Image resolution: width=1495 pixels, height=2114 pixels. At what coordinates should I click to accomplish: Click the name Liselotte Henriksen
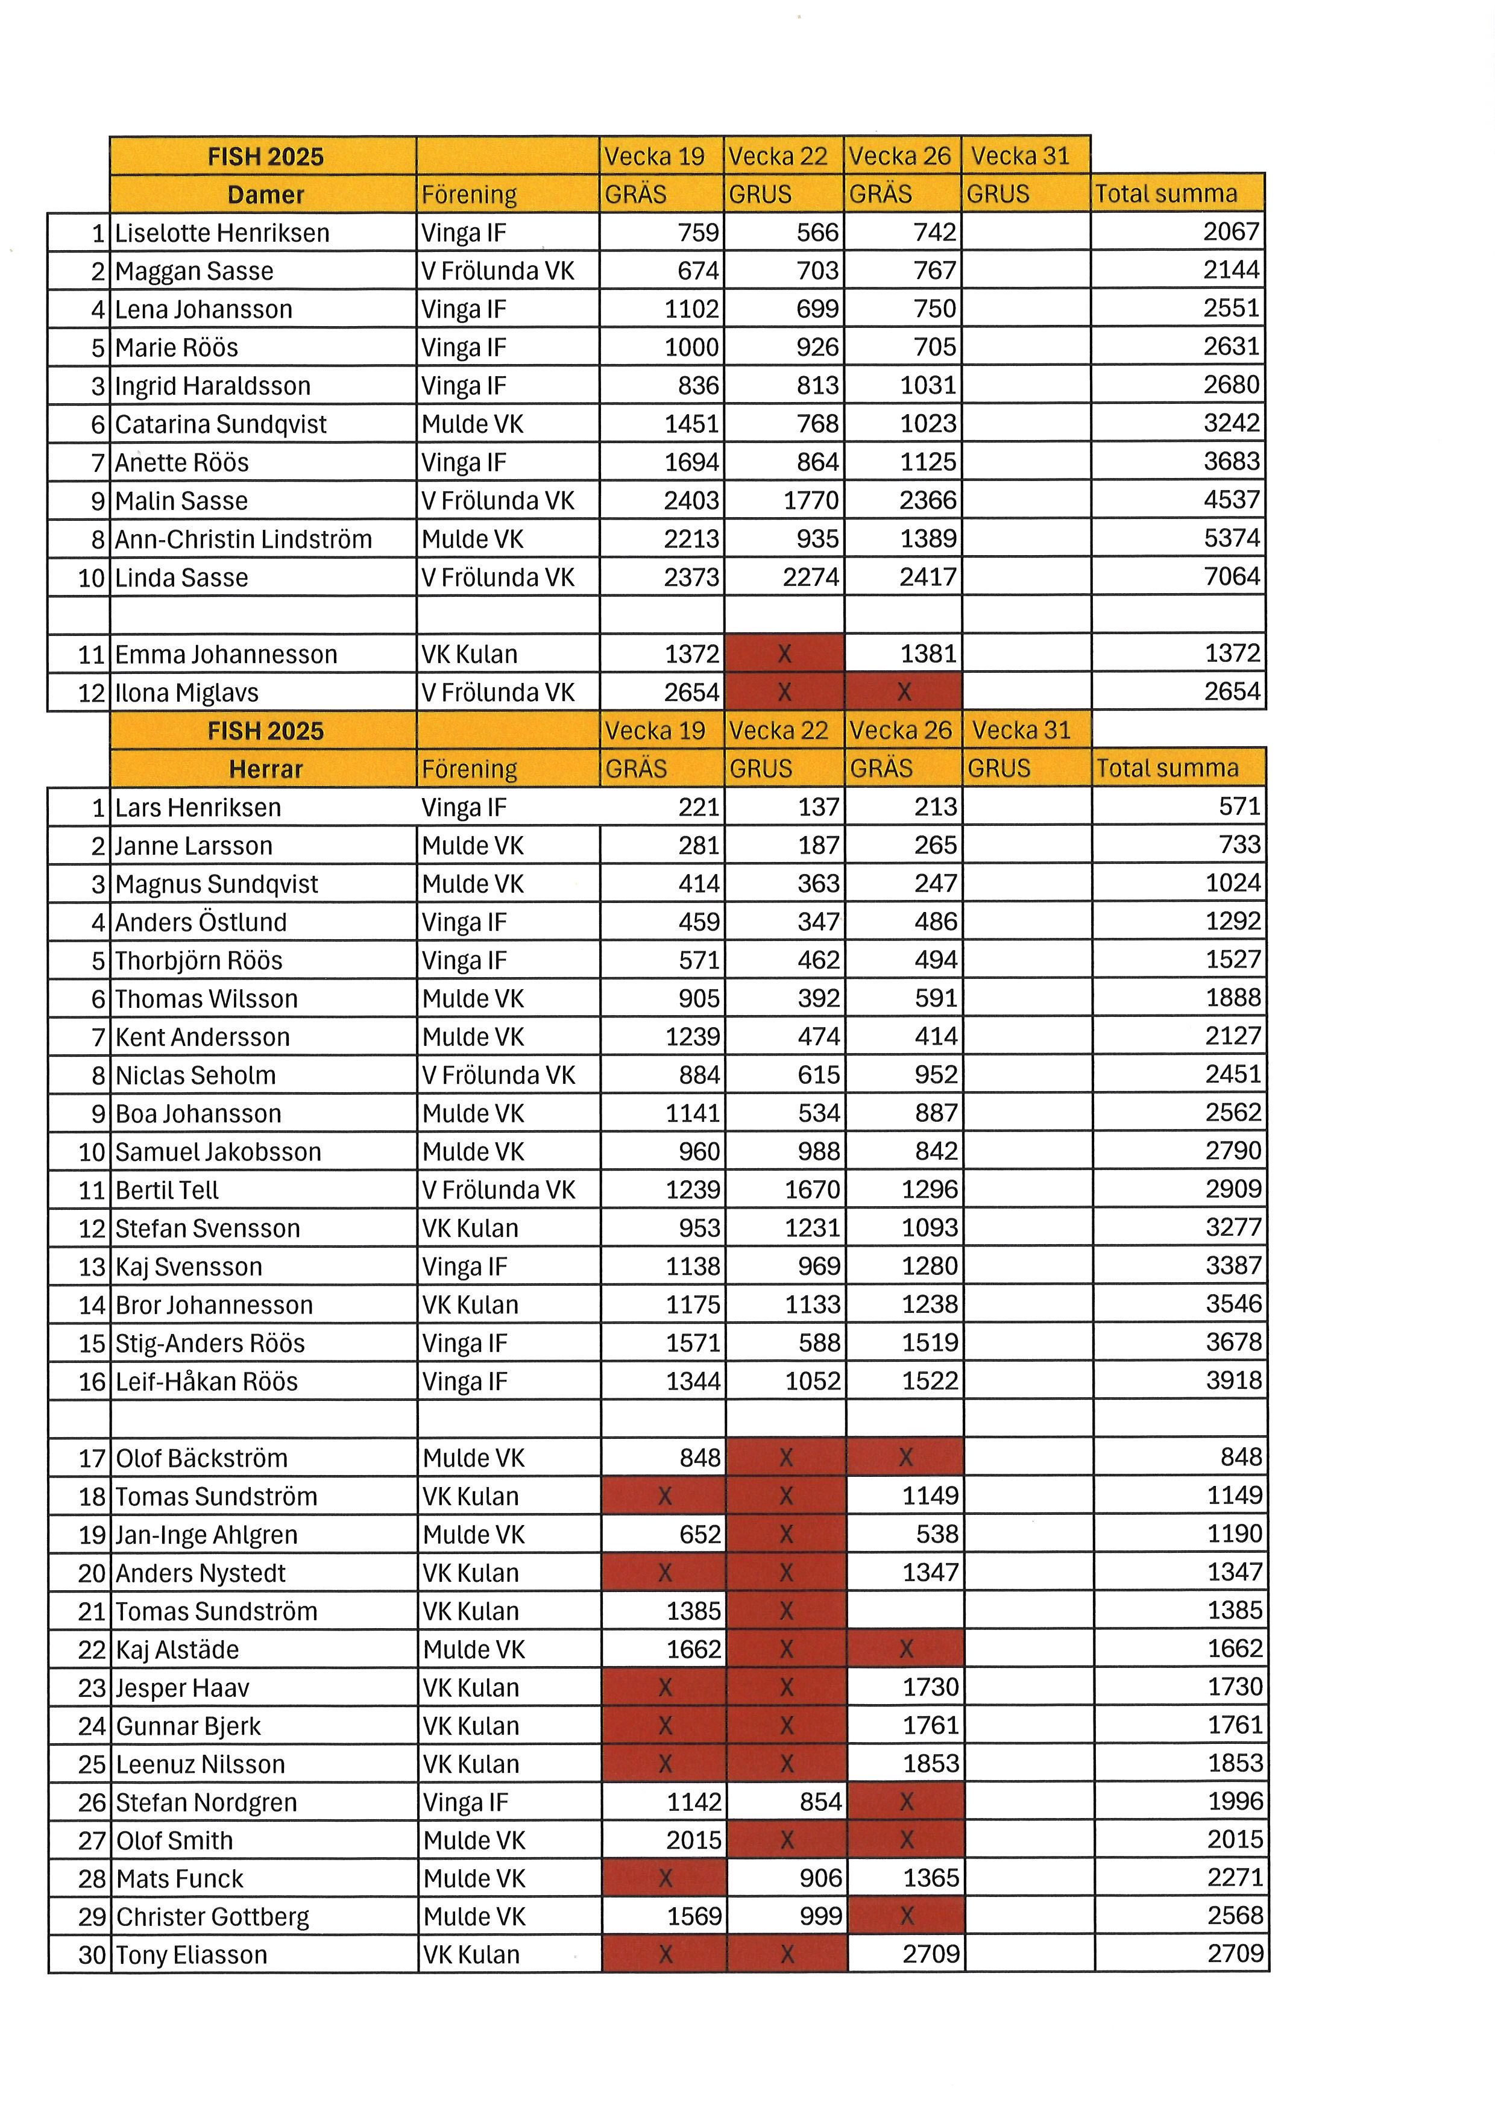coord(222,233)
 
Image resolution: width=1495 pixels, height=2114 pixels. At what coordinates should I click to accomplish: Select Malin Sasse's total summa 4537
coord(1231,500)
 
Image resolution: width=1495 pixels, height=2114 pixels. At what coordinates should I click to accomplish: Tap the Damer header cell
coord(265,194)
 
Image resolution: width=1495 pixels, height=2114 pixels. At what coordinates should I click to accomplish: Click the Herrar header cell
coord(265,769)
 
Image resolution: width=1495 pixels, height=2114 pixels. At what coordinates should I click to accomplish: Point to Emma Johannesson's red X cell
coord(784,653)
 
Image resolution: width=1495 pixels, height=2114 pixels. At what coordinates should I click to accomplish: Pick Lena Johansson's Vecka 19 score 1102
coord(691,309)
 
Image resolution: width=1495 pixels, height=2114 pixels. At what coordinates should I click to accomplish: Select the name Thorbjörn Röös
coord(199,960)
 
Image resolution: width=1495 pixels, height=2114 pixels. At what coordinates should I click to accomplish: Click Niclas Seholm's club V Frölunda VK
coord(498,1075)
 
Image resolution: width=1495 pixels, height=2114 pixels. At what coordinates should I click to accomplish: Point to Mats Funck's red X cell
coord(665,1878)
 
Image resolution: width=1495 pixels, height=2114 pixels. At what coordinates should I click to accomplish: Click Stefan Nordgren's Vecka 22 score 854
coord(820,1802)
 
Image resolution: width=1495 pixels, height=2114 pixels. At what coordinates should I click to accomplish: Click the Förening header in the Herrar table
coord(470,769)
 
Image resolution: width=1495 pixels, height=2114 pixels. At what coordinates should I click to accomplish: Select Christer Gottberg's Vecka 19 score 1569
coord(693,1917)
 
